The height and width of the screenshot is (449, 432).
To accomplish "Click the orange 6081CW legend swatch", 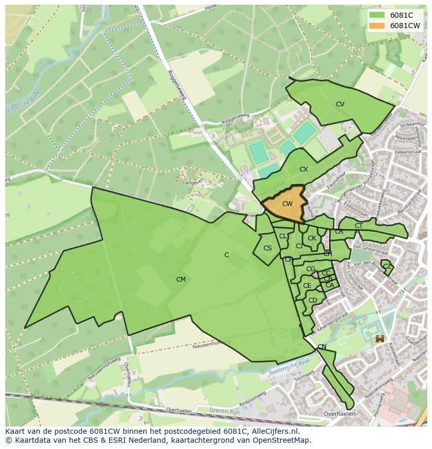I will coord(376,25).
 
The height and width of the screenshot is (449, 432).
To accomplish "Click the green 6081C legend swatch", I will coord(376,15).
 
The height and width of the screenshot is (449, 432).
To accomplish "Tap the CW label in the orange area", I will coord(287,204).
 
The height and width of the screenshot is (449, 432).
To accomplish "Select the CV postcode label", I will coord(340,104).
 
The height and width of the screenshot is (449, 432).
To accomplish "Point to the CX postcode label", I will coord(304,169).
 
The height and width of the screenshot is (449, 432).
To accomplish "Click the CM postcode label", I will coord(181,280).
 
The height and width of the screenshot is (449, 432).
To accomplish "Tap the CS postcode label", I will coord(268,248).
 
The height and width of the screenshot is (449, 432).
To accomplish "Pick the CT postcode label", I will coord(358,226).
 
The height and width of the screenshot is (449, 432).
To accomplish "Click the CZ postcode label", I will coord(387,266).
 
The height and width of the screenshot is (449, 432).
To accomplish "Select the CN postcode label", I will coord(322,347).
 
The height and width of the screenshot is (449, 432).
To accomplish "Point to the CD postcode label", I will coord(313,300).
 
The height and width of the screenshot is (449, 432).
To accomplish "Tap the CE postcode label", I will coord(307,286).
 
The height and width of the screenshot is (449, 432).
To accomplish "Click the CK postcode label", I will coord(312,238).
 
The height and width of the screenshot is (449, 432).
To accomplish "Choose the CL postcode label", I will coord(283,236).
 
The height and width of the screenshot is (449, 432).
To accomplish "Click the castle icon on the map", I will coord(380,339).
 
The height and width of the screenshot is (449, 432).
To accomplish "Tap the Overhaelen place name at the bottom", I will coord(339,414).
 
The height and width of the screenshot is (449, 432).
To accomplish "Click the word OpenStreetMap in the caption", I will coord(282,440).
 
